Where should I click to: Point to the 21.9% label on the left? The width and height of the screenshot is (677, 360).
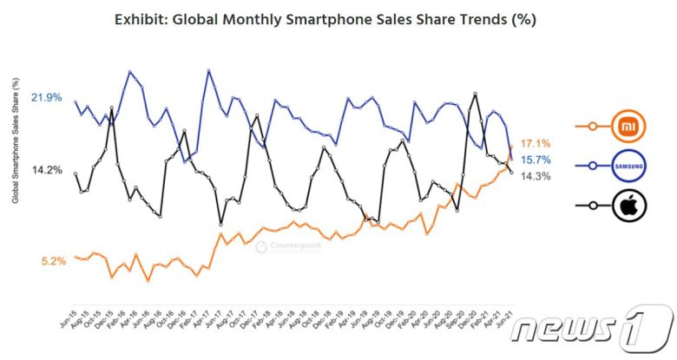point(46,98)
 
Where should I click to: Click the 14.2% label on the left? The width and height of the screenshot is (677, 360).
point(46,170)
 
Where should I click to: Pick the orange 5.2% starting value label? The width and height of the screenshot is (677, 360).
point(53,260)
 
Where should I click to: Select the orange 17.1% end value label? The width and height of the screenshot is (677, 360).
point(535,143)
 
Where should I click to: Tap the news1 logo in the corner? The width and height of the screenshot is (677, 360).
point(591,329)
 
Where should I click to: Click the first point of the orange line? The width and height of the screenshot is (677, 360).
point(76,257)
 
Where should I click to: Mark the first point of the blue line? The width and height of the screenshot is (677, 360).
point(76,102)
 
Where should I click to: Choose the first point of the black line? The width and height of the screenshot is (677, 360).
point(76,173)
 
